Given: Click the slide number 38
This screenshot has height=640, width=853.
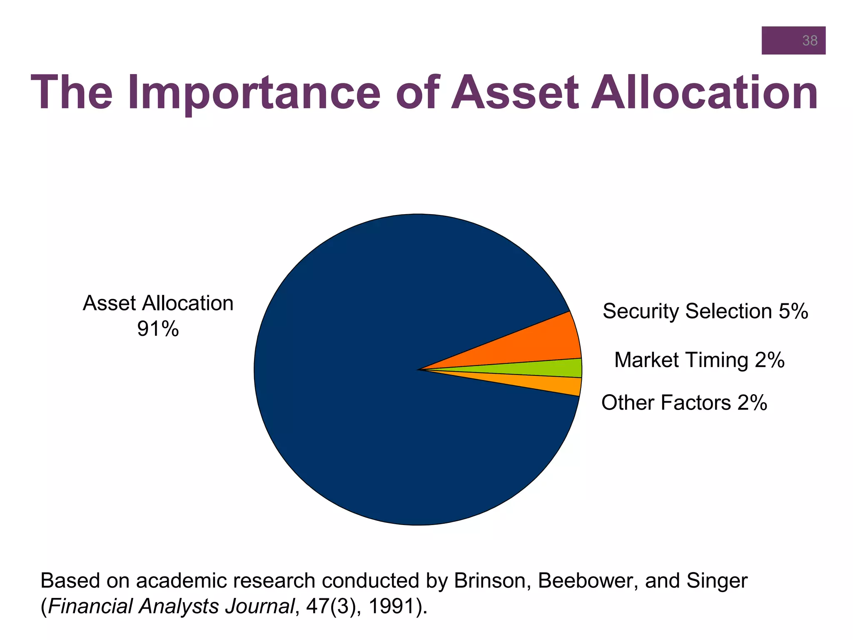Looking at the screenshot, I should click(810, 41).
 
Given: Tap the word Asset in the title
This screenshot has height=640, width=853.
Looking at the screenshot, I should click(515, 92).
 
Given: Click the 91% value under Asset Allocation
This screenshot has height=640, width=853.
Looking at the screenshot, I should click(158, 329).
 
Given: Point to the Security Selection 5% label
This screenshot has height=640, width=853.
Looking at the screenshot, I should click(705, 311).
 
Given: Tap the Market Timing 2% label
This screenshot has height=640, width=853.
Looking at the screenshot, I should click(699, 360).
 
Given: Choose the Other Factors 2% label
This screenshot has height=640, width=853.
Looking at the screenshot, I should click(684, 403).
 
